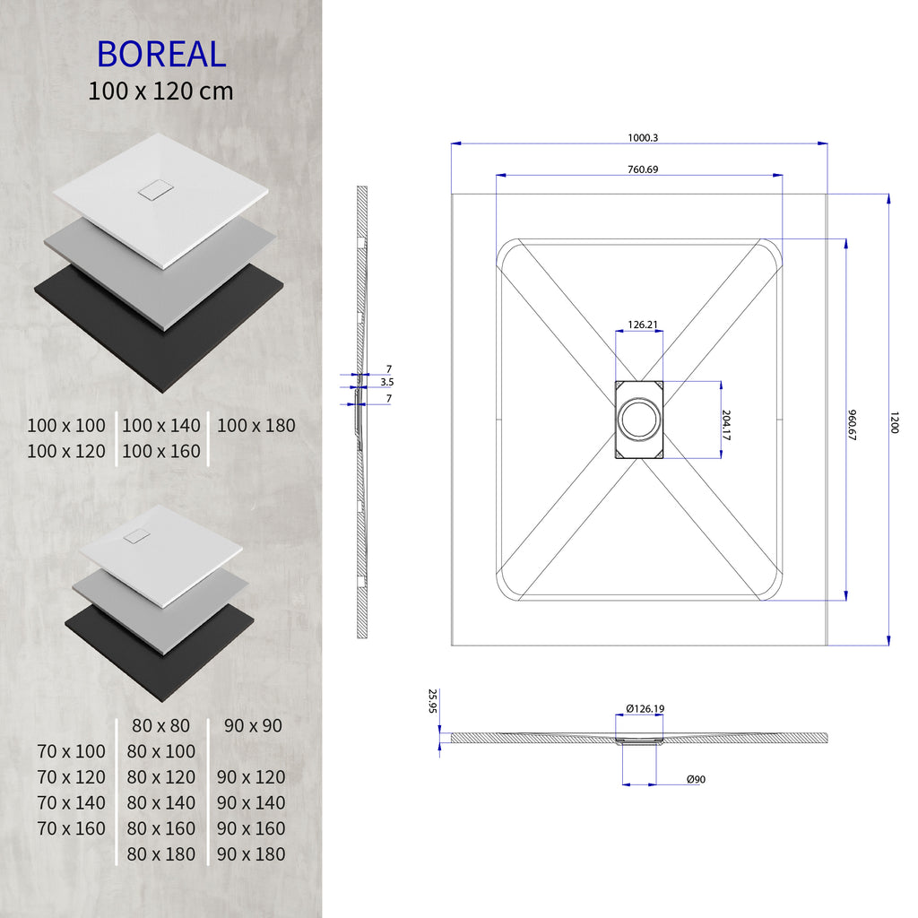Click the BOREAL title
click(160, 55)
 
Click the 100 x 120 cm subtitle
click(160, 91)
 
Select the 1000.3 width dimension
click(643, 137)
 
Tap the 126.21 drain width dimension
click(638, 325)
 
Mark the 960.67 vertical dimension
click(853, 420)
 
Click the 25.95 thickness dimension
click(432, 701)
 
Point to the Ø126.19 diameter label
click(645, 708)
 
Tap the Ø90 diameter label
click(696, 780)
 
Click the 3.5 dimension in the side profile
click(387, 382)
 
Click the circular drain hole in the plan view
click(638, 420)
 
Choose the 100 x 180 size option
click(255, 426)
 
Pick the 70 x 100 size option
click(71, 751)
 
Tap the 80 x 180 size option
click(160, 854)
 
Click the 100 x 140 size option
click(160, 426)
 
